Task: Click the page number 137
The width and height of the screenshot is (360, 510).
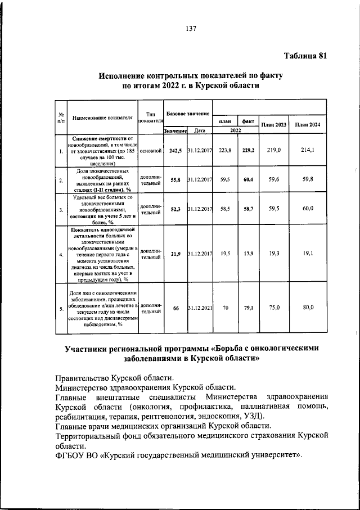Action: point(190,30)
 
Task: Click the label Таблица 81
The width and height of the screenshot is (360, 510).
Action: point(305,55)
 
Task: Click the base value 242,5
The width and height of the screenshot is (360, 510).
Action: point(175,151)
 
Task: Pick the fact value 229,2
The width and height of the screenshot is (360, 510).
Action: point(248,151)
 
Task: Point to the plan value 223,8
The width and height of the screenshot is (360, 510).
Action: point(224,151)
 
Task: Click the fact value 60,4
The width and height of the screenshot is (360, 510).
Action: point(248,179)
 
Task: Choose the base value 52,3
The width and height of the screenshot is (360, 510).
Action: point(175,209)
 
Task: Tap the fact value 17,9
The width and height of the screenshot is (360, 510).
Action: point(248,254)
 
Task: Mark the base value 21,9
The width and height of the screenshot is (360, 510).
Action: point(175,254)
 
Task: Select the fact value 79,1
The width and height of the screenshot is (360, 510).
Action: point(248,308)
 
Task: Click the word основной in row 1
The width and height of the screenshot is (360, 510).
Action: point(150,151)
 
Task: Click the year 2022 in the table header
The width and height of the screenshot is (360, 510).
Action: point(236,130)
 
